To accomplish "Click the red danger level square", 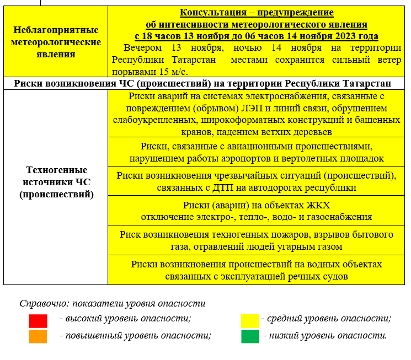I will (x=38, y=321).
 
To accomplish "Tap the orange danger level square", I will (x=38, y=336).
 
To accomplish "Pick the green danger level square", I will (x=250, y=336).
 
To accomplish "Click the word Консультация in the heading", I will (x=211, y=12).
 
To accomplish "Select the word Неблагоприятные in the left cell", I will (x=56, y=30).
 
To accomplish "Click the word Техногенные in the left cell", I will (x=56, y=170).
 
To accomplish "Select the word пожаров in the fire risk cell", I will (x=297, y=234).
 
